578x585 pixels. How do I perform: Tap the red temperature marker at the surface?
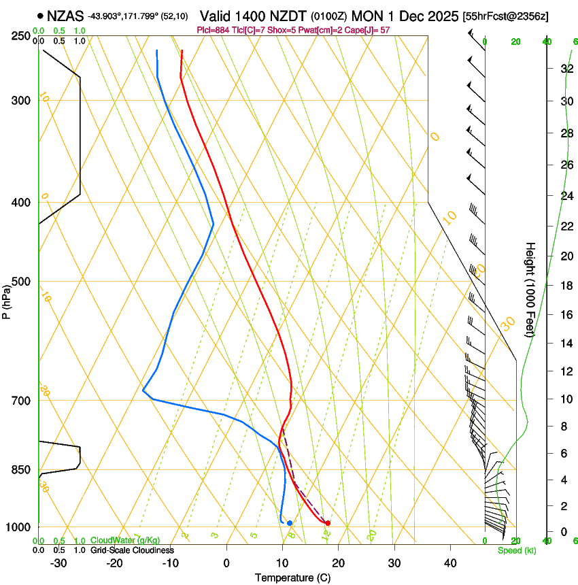[x=328, y=523]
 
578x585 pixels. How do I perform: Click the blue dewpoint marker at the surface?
[x=290, y=523]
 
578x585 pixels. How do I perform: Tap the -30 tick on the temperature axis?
[x=58, y=563]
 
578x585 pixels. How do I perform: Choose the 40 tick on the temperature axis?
[x=450, y=563]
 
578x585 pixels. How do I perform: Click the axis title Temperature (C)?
[x=293, y=578]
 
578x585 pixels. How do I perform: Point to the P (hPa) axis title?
[x=7, y=299]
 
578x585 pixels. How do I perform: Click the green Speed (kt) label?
[x=516, y=550]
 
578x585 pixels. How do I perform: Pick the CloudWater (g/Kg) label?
[x=125, y=541]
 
